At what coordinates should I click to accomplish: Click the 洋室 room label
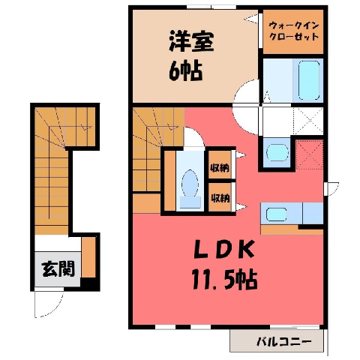[x=191, y=41]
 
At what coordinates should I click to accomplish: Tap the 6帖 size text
[x=185, y=70]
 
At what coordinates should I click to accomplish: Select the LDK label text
[x=224, y=250]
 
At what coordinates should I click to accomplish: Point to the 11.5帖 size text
[x=224, y=279]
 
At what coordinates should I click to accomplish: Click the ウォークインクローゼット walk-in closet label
[x=293, y=31]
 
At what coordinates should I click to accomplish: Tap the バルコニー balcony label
[x=284, y=342]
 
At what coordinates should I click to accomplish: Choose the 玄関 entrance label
[x=58, y=269]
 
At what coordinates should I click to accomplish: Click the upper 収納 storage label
[x=220, y=168]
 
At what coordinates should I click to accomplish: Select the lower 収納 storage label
[x=220, y=198]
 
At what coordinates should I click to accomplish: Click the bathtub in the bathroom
[x=309, y=80]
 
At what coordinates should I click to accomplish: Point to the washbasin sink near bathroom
[x=277, y=152]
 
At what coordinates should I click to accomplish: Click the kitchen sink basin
[x=276, y=214]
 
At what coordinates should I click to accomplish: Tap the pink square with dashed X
[x=309, y=154]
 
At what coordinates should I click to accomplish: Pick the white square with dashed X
[x=307, y=121]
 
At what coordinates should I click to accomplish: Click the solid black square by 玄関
[x=90, y=284]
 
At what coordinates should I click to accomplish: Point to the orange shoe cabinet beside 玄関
[x=88, y=257]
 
